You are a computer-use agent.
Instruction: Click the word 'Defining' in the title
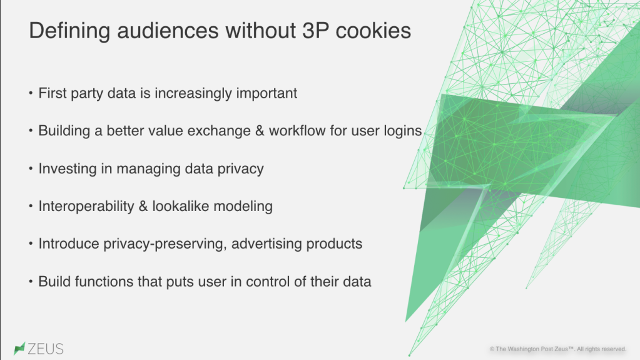click(69, 31)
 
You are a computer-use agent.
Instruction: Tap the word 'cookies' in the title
click(373, 31)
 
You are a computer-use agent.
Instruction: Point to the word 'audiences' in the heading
click(168, 31)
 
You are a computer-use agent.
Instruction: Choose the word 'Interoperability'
click(86, 207)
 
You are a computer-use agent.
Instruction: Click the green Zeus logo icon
click(19, 348)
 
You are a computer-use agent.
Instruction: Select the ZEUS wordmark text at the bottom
click(45, 349)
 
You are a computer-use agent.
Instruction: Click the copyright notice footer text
click(557, 349)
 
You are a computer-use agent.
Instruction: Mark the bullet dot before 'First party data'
click(31, 93)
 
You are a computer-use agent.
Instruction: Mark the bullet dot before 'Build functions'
click(31, 281)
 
